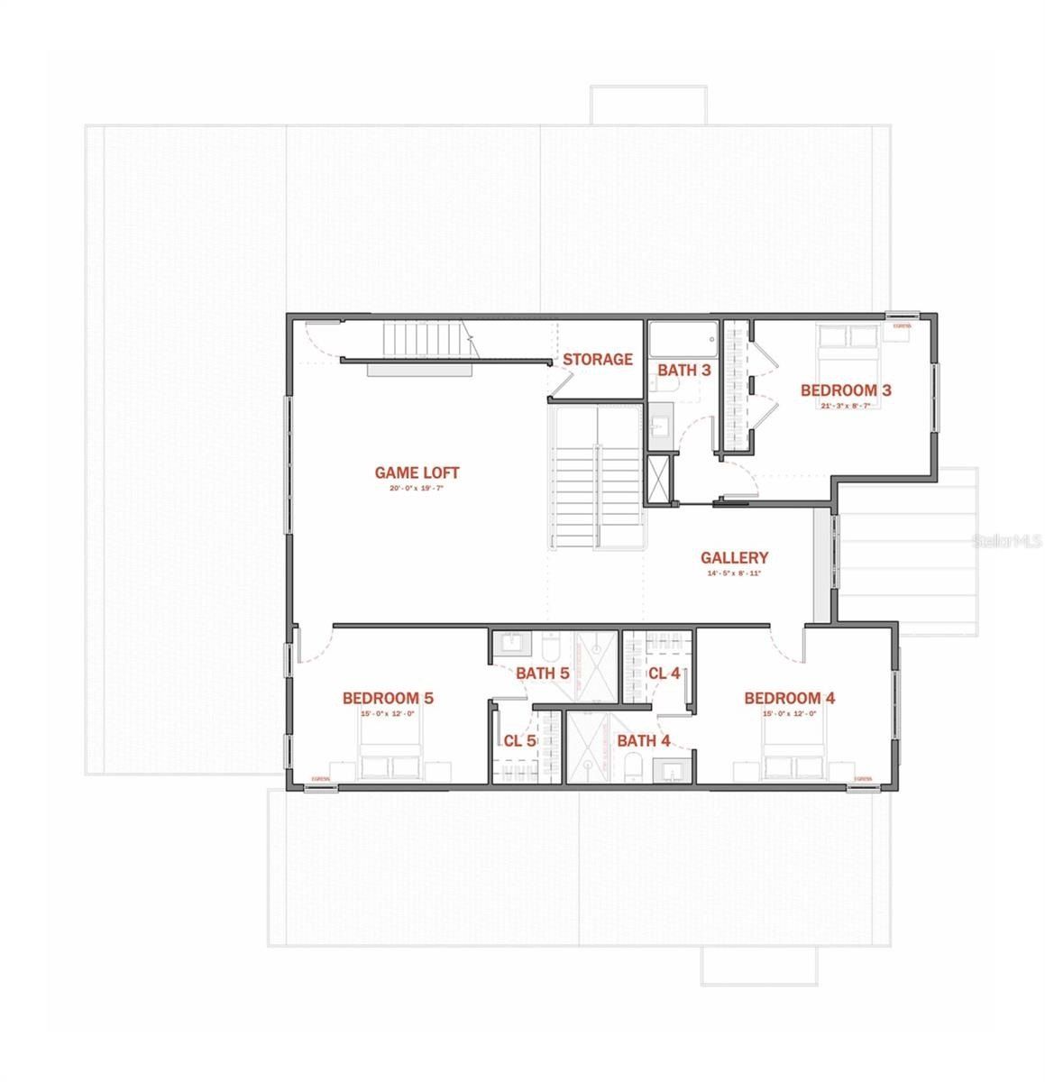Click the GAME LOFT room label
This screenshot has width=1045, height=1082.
click(417, 472)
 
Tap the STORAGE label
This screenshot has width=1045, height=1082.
click(597, 360)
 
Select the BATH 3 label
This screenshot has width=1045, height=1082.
click(683, 370)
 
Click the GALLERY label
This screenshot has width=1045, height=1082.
click(734, 558)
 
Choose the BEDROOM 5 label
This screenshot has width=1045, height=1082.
click(388, 698)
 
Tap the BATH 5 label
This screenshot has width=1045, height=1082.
click(542, 673)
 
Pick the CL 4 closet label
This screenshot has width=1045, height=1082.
click(664, 673)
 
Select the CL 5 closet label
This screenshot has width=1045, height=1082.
click(519, 741)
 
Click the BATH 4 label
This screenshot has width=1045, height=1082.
click(643, 741)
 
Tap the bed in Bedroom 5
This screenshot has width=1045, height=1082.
click(390, 756)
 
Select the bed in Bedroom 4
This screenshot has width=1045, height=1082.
click(793, 756)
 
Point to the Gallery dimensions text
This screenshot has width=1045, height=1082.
click(734, 573)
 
